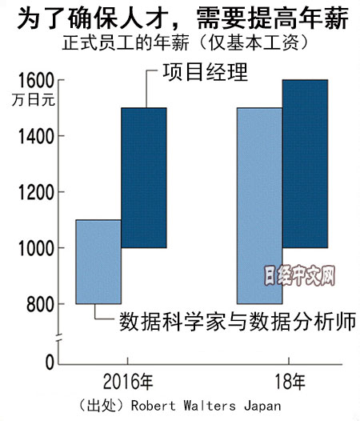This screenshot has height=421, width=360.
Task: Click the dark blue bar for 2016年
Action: point(144,178)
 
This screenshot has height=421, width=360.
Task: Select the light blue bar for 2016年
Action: point(98,262)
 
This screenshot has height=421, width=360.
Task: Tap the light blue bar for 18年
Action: point(259,206)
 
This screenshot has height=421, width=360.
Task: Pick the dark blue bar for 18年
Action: point(305,164)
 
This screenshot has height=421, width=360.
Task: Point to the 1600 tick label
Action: point(36,81)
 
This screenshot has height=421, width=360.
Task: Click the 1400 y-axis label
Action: point(36,136)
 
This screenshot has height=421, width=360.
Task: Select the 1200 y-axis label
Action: point(36,193)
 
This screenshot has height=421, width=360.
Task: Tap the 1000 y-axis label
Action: point(36,249)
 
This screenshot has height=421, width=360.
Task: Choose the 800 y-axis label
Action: point(40,305)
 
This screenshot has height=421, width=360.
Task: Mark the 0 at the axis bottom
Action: point(50,363)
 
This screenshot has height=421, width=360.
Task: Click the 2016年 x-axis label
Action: point(128,382)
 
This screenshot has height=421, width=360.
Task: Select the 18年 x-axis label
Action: point(290,382)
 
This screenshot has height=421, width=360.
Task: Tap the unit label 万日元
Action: point(34,100)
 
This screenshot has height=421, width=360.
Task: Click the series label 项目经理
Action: point(205,72)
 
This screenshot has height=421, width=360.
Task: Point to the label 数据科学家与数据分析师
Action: point(238,321)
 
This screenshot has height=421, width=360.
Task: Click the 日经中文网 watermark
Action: point(299,276)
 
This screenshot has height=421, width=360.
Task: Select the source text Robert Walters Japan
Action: point(206,406)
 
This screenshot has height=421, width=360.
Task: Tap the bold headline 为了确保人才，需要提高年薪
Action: point(183,18)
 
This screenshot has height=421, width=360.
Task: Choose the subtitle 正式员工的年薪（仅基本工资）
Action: point(186,42)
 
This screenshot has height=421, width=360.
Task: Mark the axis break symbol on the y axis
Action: point(58,339)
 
